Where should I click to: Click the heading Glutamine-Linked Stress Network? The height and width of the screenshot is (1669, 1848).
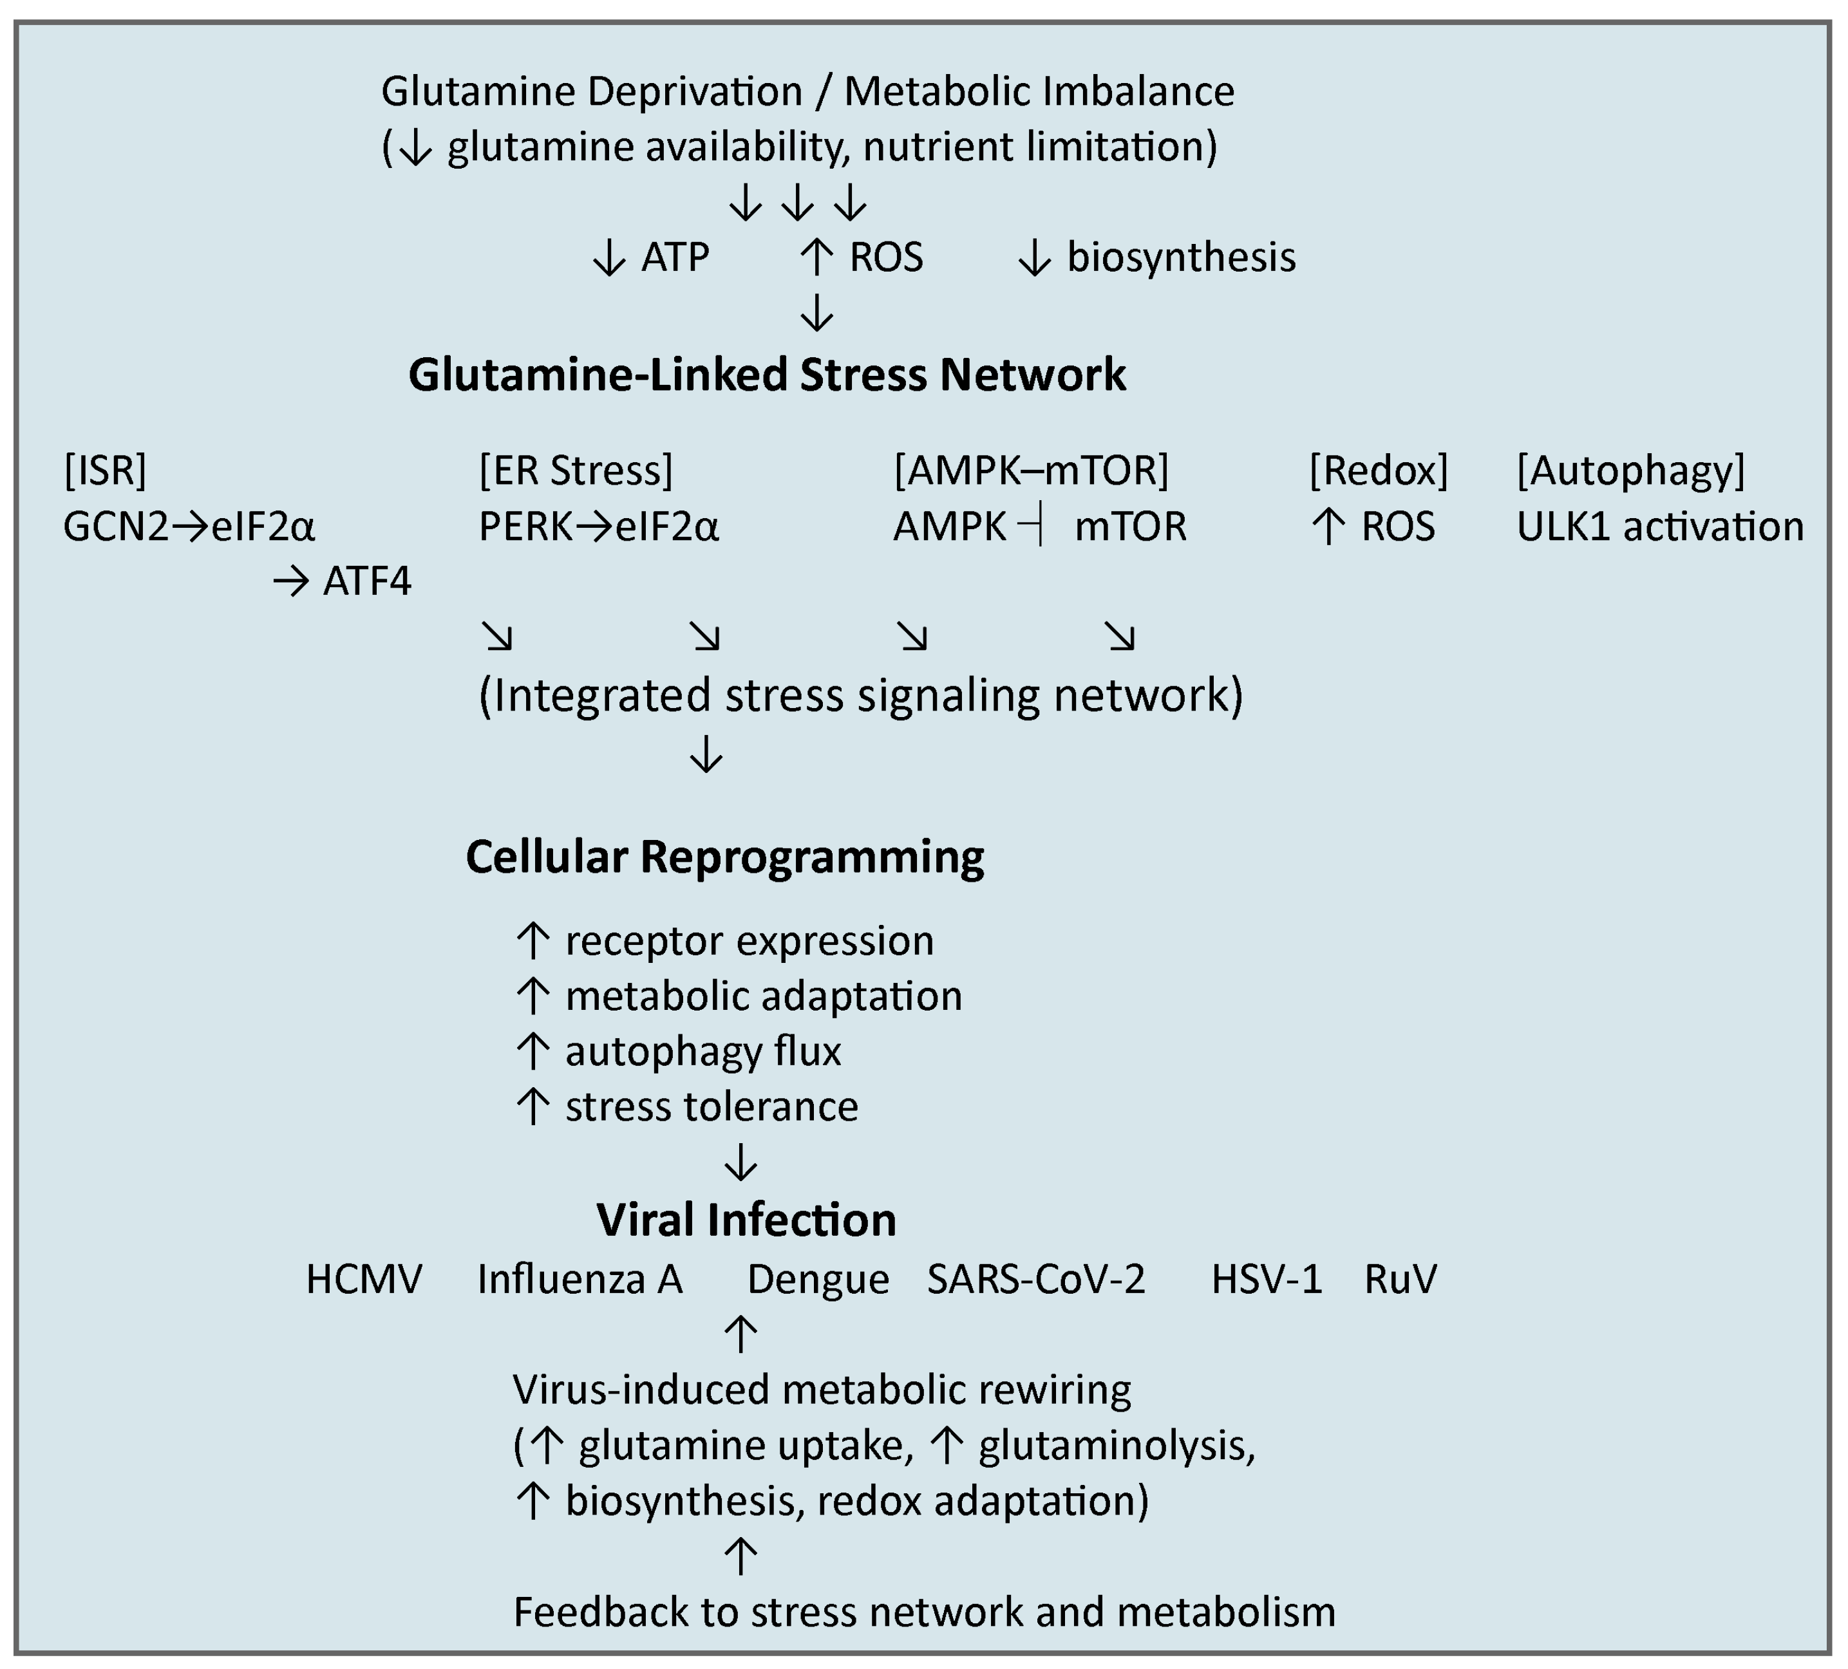tap(768, 375)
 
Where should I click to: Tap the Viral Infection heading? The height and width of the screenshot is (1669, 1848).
tap(746, 1220)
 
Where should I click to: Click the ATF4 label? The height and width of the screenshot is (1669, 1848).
tap(366, 582)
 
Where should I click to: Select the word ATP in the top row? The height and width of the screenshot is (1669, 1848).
tap(675, 257)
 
